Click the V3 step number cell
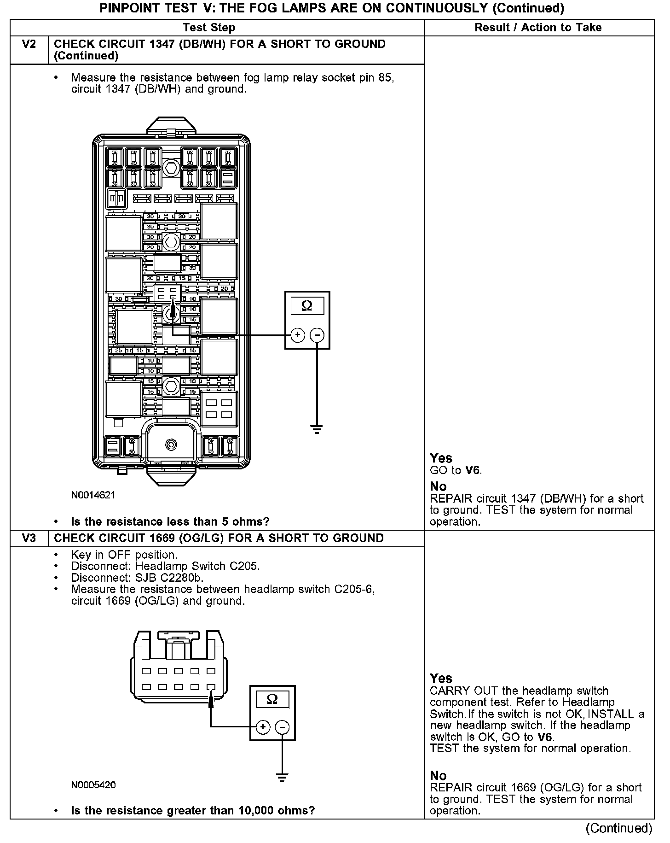pos(29,538)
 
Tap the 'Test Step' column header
pos(209,27)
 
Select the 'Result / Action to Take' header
pos(538,27)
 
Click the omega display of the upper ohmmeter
pos(307,305)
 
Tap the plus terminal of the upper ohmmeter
pos(298,335)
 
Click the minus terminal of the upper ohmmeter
pos(317,335)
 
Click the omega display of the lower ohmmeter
pos(272,700)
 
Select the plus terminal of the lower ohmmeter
pos(263,727)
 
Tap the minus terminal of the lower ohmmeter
pos(282,727)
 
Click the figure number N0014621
pos(93,495)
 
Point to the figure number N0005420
pos(93,784)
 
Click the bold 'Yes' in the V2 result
pos(441,458)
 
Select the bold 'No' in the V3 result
pos(438,776)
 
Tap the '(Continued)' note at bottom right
pos(619,828)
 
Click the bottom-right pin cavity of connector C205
pos(211,687)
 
